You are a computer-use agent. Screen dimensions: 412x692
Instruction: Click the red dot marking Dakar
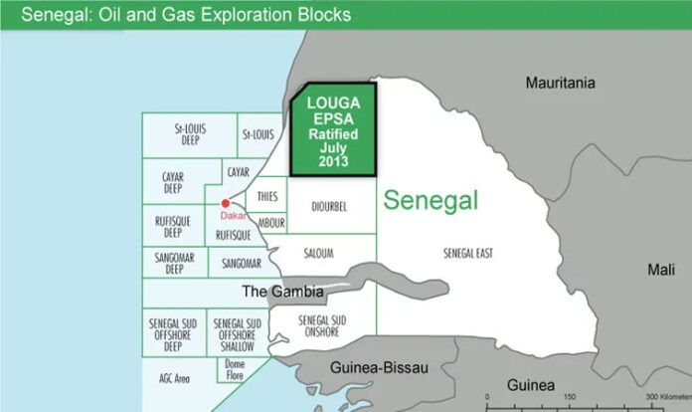coord(226,203)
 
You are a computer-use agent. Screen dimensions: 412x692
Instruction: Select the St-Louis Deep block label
coord(189,134)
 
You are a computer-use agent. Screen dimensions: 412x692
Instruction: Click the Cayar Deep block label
coord(172,184)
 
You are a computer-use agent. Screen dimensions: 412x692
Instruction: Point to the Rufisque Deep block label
coord(173,227)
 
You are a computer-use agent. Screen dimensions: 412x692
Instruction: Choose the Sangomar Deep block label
coord(174,263)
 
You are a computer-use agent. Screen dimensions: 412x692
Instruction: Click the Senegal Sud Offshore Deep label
coord(172,333)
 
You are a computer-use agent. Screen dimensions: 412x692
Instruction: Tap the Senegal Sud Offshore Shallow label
coord(239,333)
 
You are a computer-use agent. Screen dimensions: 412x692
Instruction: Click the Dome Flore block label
coord(235,372)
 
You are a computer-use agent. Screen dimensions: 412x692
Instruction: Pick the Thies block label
coord(266,196)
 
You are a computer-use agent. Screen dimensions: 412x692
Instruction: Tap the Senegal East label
coord(467,254)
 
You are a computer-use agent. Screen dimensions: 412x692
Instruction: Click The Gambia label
coord(283,292)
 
